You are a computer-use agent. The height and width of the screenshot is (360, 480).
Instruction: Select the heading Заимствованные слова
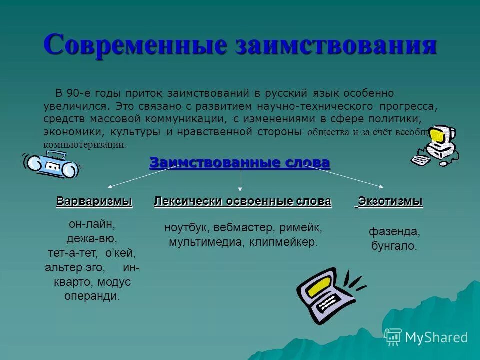240,163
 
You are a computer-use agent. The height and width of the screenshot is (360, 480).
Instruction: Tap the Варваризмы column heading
94,201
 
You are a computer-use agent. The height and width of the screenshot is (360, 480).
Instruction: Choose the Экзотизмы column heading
390,201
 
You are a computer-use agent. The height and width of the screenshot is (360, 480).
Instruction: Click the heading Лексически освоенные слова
243,201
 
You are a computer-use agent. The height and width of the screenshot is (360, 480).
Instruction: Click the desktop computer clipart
433,145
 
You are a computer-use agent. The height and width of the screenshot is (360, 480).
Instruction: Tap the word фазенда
394,232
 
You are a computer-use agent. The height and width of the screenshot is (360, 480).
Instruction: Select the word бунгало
394,246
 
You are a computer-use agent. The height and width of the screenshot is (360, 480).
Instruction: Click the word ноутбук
186,228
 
